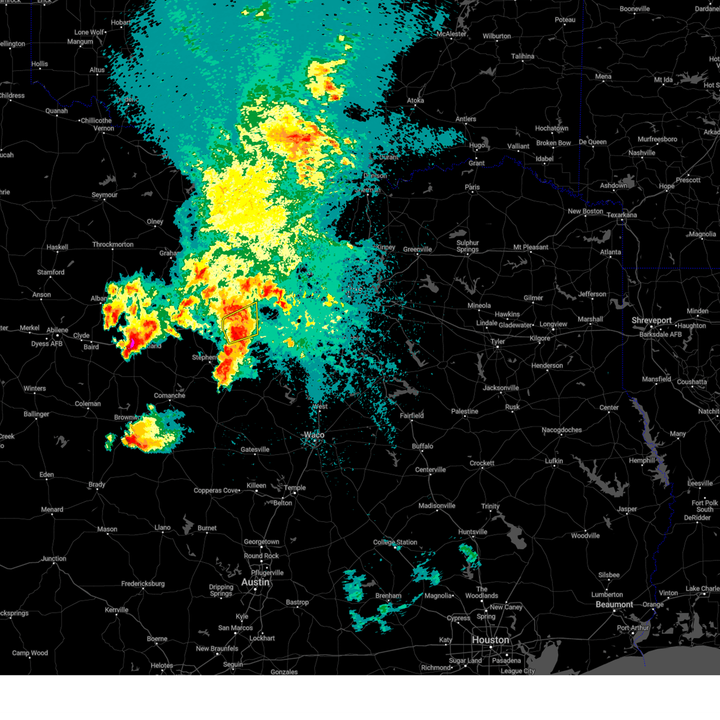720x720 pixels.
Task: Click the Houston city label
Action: [490, 640]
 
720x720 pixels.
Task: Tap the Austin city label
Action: [256, 582]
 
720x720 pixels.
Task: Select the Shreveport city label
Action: [651, 320]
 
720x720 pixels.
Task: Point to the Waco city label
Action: [314, 434]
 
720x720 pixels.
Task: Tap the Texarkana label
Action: [622, 214]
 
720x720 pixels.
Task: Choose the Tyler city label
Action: [497, 341]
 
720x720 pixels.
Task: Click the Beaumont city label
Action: [614, 604]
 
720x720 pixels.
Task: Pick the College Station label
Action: [395, 542]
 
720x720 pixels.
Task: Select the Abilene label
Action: [58, 330]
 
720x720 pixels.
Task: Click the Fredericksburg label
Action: [143, 583]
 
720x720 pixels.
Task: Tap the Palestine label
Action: [465, 411]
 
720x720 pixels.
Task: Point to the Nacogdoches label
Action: [562, 430]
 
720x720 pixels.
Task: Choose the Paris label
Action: [472, 187]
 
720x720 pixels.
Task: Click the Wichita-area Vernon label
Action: [104, 128]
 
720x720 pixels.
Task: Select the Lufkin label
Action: [554, 461]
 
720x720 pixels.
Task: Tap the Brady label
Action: [97, 484]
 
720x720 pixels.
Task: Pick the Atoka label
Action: [416, 100]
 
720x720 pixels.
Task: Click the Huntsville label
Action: [473, 532]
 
